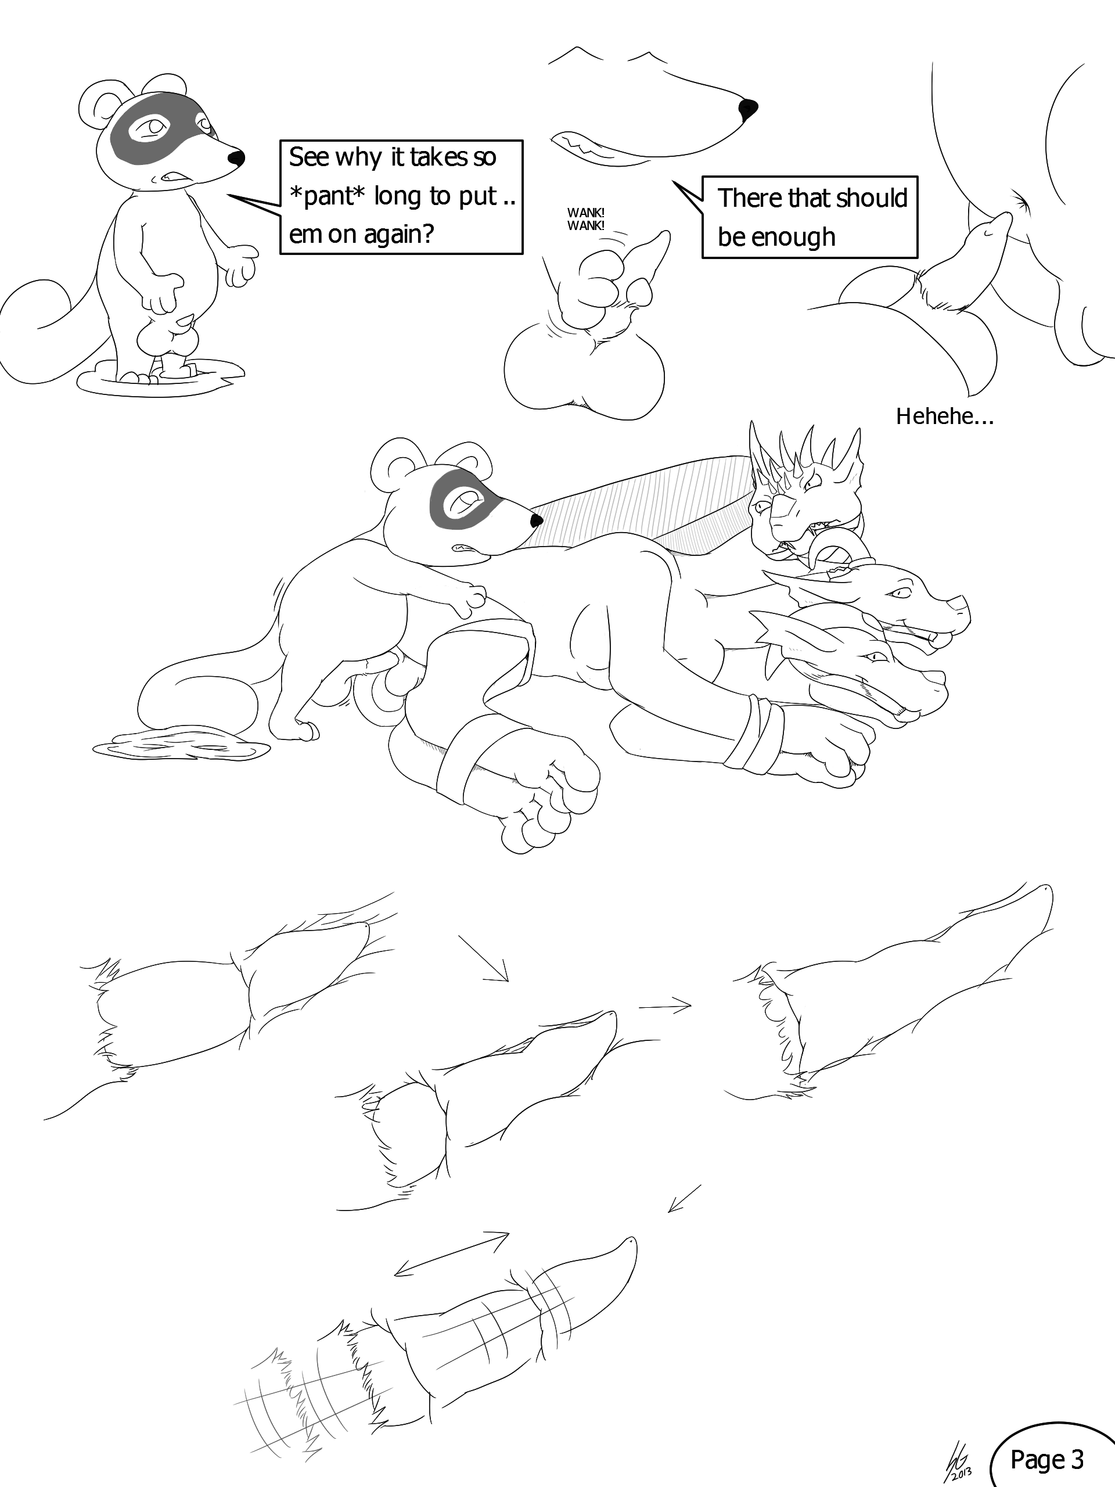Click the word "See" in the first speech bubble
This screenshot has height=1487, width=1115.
pos(309,157)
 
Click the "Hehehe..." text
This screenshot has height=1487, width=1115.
pos(944,418)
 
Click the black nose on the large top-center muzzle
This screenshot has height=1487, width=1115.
pos(747,107)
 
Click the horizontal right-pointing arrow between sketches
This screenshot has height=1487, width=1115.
pos(665,1007)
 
